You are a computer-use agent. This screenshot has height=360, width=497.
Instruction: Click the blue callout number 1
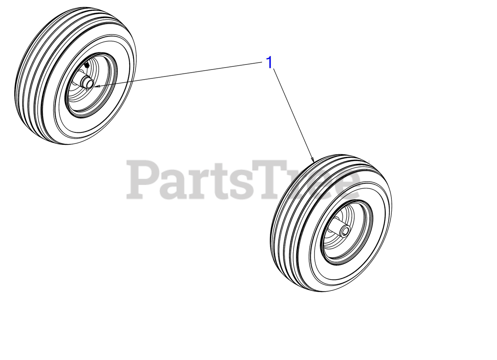[x=269, y=63]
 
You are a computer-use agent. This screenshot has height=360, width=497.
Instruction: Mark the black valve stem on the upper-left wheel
[x=86, y=64]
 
